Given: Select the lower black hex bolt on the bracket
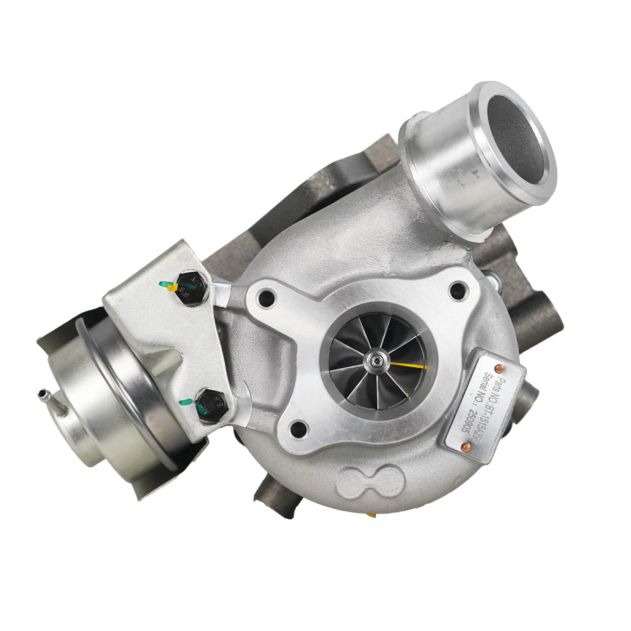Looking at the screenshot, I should [211, 404].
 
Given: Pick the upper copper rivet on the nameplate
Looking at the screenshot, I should [501, 369].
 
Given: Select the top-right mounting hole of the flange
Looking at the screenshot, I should [457, 290].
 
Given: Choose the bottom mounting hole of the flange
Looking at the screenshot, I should [298, 429].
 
